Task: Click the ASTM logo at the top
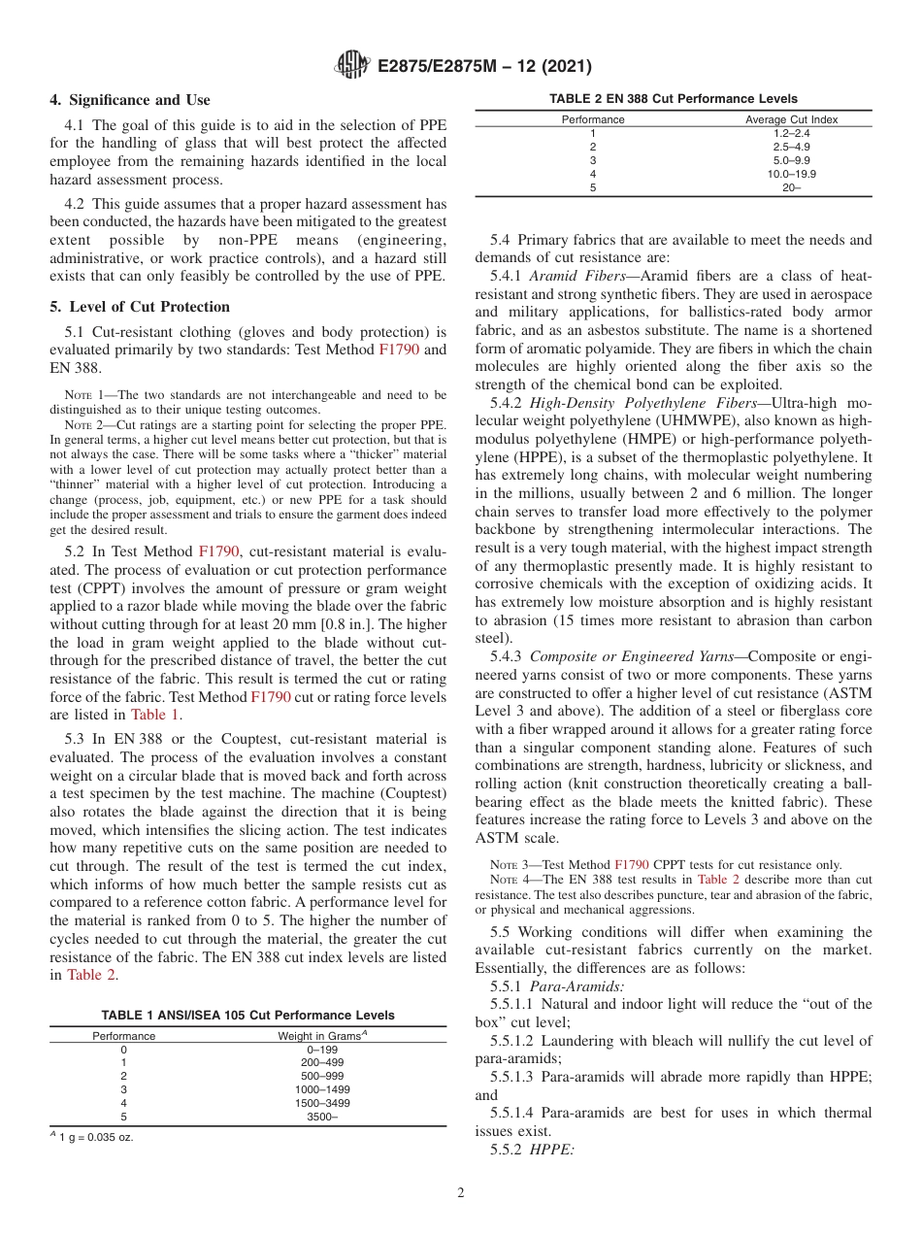(x=350, y=66)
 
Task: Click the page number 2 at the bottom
(x=461, y=1192)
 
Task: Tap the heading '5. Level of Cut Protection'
(x=140, y=307)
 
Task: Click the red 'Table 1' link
(x=155, y=715)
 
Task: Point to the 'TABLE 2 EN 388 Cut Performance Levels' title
(x=674, y=99)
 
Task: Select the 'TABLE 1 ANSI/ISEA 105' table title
(x=248, y=1016)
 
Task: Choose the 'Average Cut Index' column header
(x=792, y=119)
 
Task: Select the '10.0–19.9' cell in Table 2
(x=792, y=174)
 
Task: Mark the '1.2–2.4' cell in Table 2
(x=792, y=133)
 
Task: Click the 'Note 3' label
(x=510, y=864)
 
